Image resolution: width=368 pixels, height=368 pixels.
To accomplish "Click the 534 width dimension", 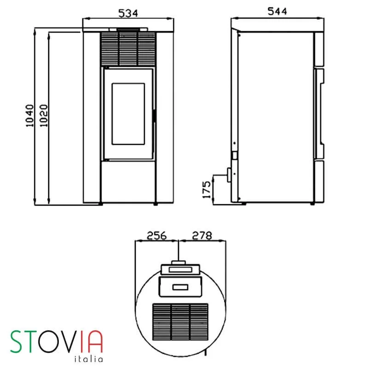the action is (x=128, y=13).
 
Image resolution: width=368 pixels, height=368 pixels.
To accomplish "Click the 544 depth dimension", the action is (x=277, y=11).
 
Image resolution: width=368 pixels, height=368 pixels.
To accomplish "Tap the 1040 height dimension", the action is (x=29, y=116).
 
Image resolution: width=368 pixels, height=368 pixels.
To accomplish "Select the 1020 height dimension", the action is (x=44, y=116).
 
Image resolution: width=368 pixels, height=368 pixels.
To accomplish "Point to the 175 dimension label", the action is (x=207, y=190).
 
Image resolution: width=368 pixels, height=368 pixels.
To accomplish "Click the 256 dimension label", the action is (x=156, y=236).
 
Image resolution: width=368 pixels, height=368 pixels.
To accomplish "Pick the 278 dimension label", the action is (x=202, y=236).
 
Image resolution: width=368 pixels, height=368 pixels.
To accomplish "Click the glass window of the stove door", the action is (x=128, y=114).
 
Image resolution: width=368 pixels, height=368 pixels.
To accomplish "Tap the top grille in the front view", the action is (x=128, y=49).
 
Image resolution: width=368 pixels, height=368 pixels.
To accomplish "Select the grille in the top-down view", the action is (x=180, y=322).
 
